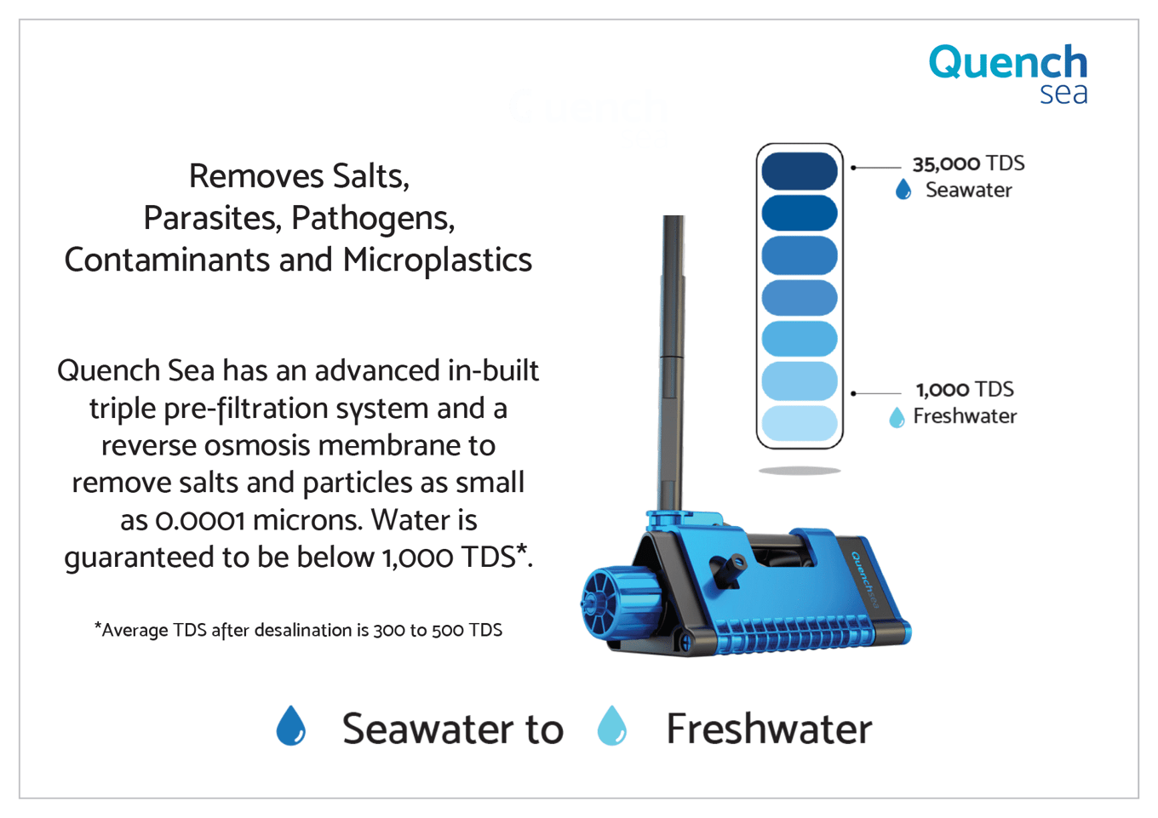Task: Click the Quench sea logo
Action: click(1008, 74)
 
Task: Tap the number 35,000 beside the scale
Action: click(946, 164)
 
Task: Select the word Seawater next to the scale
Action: click(968, 190)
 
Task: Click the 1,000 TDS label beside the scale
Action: click(965, 390)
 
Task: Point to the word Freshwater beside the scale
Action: click(965, 416)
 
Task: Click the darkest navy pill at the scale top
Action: click(800, 170)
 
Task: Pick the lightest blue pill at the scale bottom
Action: click(800, 423)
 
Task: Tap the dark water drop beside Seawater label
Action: click(903, 190)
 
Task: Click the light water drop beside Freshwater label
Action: click(897, 418)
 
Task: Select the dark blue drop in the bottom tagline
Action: click(291, 726)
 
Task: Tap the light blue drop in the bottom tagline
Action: click(611, 726)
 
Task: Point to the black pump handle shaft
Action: click(672, 362)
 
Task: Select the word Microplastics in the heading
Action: click(438, 260)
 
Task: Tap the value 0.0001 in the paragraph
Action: click(199, 521)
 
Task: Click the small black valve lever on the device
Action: click(727, 568)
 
